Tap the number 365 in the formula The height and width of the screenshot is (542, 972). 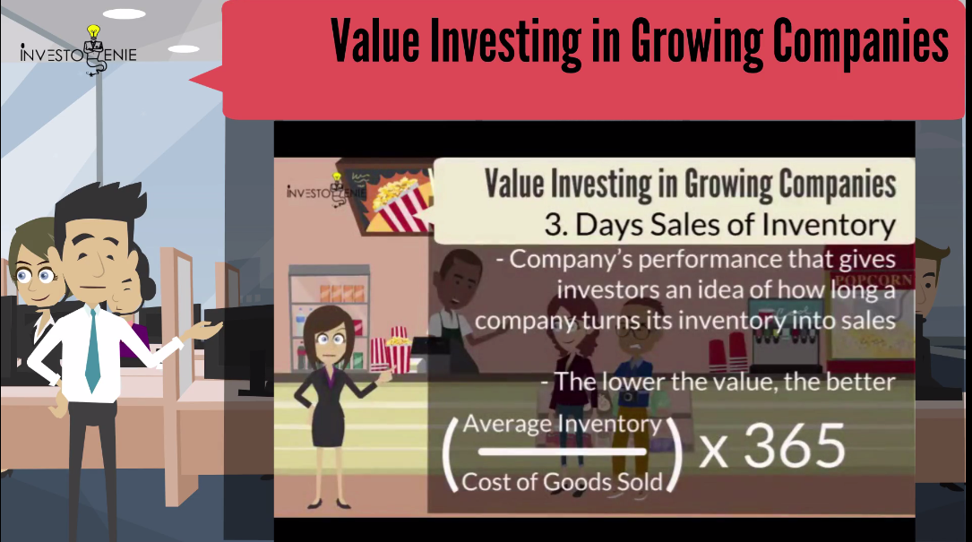pyautogui.click(x=794, y=446)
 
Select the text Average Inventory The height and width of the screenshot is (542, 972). pyautogui.click(x=562, y=424)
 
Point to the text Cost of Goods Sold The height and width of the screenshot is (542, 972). pyautogui.click(x=562, y=482)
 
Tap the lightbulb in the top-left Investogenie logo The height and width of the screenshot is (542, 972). pyautogui.click(x=93, y=31)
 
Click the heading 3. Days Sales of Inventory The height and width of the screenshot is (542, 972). pyautogui.click(x=719, y=225)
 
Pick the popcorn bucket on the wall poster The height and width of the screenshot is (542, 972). pyautogui.click(x=397, y=202)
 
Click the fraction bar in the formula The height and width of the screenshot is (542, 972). pyautogui.click(x=562, y=452)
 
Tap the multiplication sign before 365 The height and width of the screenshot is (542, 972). pyautogui.click(x=713, y=452)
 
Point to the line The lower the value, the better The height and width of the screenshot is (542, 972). pyautogui.click(x=718, y=382)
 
